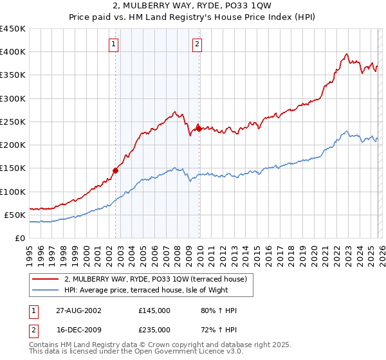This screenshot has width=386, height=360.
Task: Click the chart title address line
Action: point(192,6)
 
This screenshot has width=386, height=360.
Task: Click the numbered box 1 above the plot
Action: point(113,44)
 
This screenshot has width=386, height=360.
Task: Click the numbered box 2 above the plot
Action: point(197,44)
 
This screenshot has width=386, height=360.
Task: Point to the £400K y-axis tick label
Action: point(13,52)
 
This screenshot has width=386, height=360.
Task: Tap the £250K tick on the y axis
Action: point(13,122)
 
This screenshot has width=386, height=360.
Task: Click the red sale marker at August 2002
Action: point(116,170)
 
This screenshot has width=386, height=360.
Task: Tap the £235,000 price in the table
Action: point(154,330)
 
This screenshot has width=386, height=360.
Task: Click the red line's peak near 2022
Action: point(346,54)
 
